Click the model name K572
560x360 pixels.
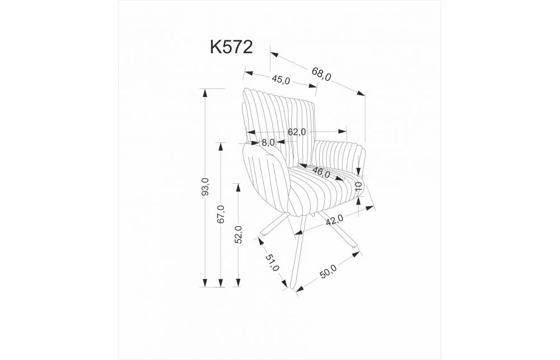click(231, 47)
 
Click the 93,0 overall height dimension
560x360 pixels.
click(206, 186)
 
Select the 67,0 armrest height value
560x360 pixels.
click(221, 214)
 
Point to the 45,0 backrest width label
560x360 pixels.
click(281, 80)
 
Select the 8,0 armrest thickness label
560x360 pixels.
click(268, 143)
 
